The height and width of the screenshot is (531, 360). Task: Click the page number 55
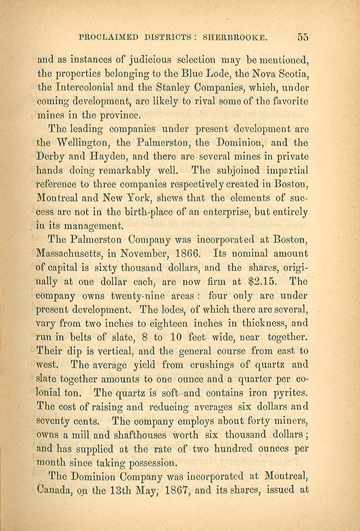click(x=303, y=37)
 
